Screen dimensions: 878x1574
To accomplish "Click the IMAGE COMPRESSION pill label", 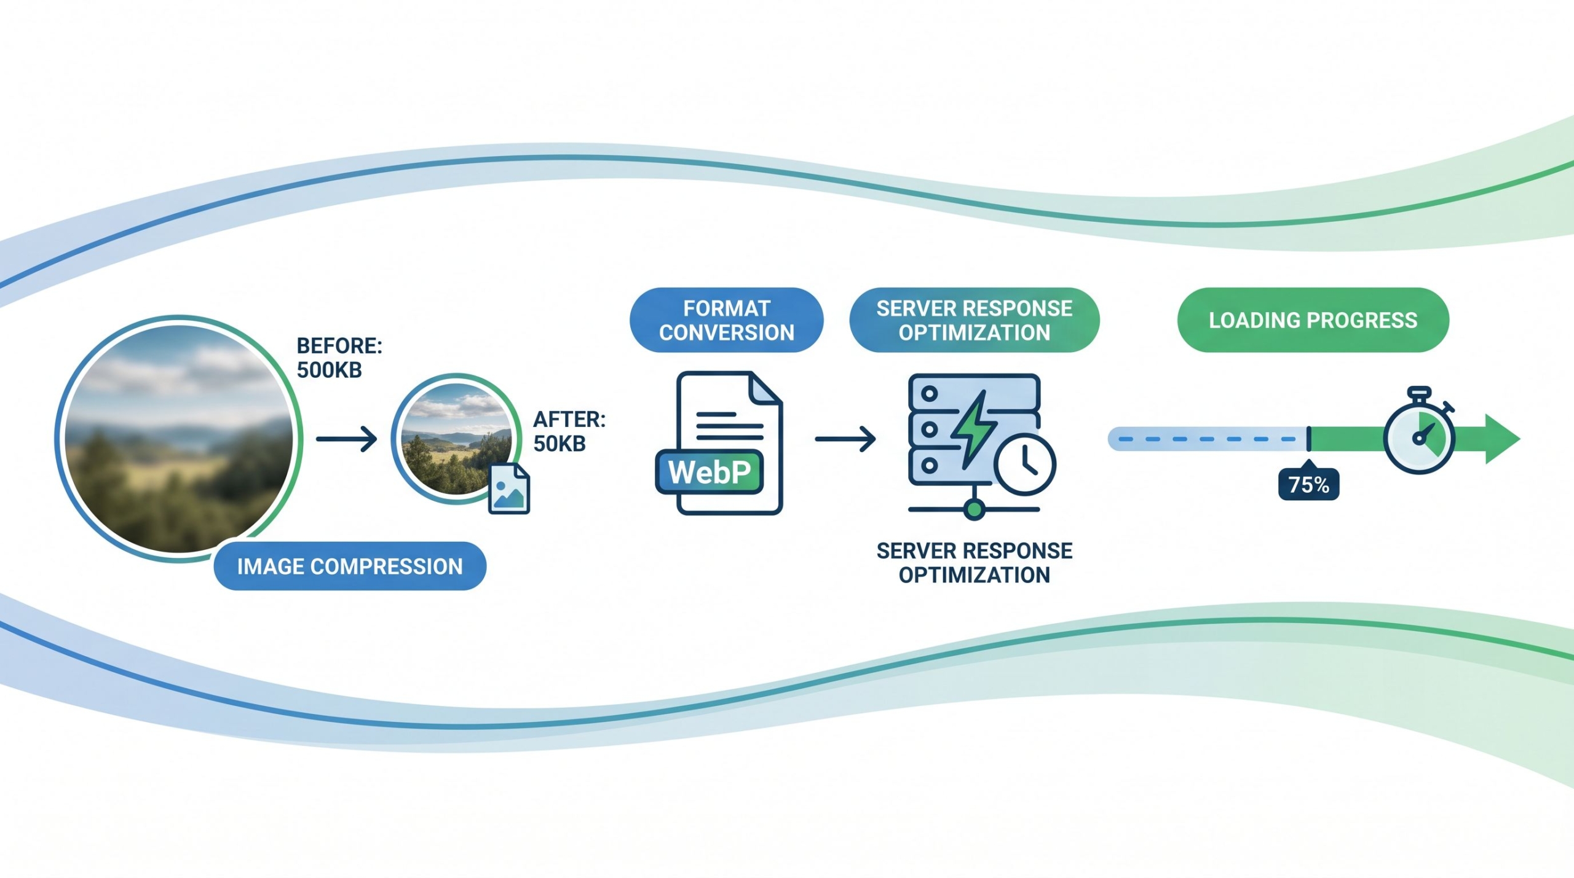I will (350, 566).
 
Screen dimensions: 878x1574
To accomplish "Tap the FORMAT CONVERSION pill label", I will (726, 320).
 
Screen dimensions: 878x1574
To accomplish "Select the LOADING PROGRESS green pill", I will (1313, 320).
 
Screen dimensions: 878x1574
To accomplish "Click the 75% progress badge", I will (1308, 485).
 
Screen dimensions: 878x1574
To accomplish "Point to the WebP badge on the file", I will (710, 472).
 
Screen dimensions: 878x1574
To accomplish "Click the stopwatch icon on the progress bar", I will (1418, 435).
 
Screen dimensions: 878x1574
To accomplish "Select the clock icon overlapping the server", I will (1025, 464).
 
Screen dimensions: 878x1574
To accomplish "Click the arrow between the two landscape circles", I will (346, 439).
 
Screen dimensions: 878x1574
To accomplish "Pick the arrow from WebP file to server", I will (845, 439).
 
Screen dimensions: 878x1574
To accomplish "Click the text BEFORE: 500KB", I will (339, 358).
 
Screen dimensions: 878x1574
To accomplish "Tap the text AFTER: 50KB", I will (569, 431).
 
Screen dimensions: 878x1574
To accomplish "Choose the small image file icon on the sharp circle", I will (508, 489).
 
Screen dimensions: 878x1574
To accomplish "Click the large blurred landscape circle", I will (178, 437).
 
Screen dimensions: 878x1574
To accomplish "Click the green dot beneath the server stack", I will (974, 509).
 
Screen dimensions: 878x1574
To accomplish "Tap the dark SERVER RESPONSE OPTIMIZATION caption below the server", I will (974, 563).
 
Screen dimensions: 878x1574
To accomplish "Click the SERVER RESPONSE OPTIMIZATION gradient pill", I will (974, 320).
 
